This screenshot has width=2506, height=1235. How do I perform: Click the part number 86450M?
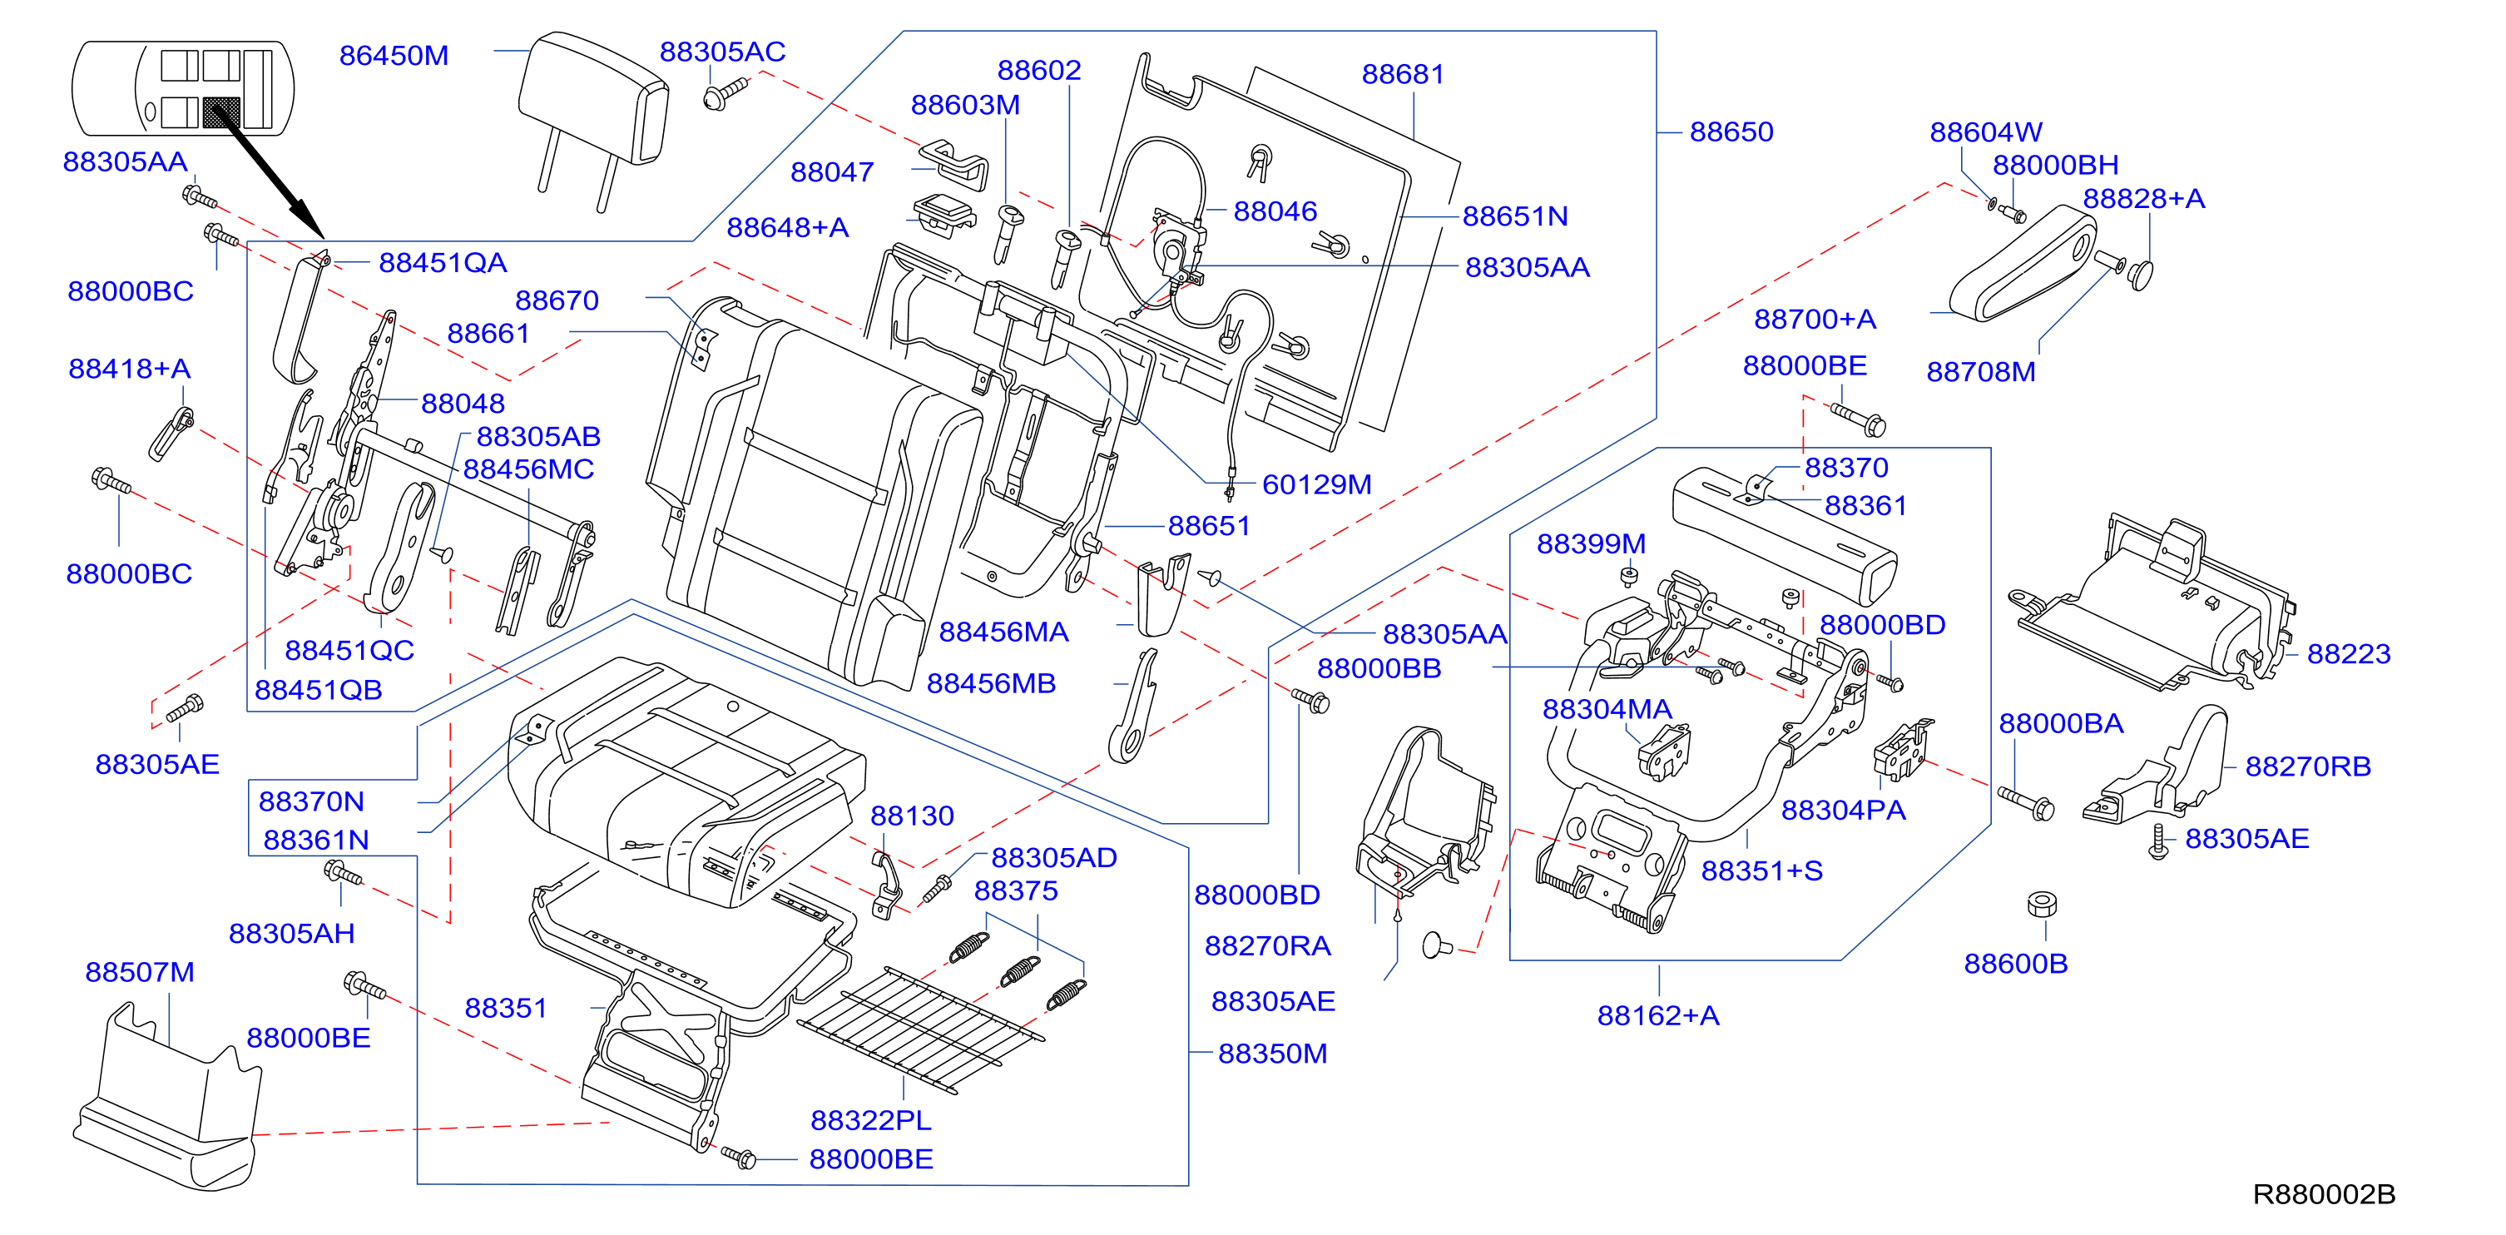(394, 56)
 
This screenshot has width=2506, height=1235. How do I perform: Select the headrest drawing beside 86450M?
(593, 117)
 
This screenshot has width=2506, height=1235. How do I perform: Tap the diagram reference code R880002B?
(2323, 1194)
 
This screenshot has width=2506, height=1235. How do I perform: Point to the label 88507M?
(140, 971)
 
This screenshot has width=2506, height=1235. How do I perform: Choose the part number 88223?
(2349, 653)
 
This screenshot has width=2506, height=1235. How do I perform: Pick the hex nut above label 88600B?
(2042, 904)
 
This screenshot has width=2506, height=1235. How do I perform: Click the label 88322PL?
(870, 1120)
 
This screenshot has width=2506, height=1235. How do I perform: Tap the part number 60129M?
(1316, 484)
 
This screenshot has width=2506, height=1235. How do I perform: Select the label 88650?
(1731, 131)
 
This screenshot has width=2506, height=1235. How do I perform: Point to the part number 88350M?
(1272, 1053)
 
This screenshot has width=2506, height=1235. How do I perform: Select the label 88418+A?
(130, 368)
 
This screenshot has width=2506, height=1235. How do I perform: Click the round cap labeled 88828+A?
(2140, 275)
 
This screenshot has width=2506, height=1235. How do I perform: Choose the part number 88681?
(1403, 74)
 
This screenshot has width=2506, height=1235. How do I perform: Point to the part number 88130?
(912, 816)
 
